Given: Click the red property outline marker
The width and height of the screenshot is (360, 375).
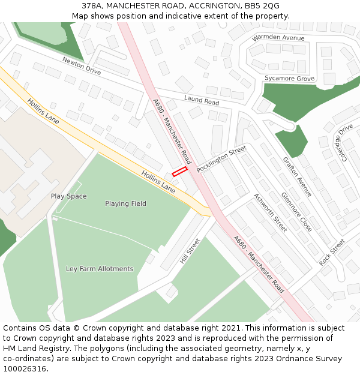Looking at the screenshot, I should [x=179, y=172].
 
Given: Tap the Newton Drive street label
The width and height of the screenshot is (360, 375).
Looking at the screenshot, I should [x=82, y=66].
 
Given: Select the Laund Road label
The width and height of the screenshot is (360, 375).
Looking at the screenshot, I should [x=202, y=101].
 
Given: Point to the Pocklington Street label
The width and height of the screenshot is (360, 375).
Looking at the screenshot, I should [x=221, y=158].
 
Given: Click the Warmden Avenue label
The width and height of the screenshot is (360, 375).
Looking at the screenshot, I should [x=278, y=38].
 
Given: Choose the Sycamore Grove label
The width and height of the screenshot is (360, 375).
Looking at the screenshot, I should [x=289, y=79].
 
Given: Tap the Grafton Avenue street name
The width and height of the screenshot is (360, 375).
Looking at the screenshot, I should [x=298, y=177].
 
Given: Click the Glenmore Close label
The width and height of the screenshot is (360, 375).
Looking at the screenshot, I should [x=296, y=212].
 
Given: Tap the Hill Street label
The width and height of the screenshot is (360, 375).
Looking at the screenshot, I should [x=190, y=251].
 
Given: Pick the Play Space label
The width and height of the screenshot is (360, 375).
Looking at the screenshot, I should [x=68, y=196].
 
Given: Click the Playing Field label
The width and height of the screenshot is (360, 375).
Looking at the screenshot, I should [x=125, y=203].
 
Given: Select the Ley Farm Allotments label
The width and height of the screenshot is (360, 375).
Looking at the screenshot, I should [x=100, y=269].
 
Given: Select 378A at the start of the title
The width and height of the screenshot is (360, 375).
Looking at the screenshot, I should [x=92, y=5].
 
